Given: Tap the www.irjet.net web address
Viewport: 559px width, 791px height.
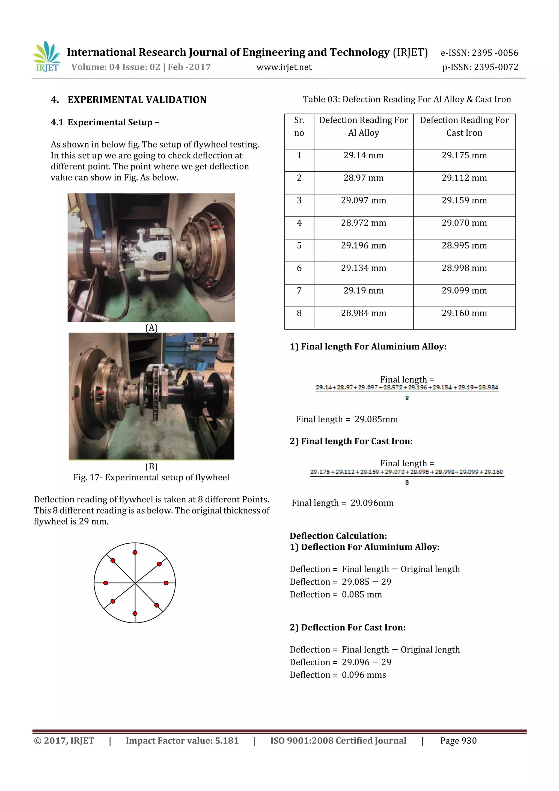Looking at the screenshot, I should pos(284,67).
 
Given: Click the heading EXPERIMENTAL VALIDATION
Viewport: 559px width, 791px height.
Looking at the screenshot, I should pos(137,100).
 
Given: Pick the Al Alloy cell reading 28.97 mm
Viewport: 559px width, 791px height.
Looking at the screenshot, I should pos(363,178).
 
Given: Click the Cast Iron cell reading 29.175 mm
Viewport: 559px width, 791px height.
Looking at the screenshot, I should pos(464,156).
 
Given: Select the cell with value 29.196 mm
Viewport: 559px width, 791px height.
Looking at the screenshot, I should pos(363,246).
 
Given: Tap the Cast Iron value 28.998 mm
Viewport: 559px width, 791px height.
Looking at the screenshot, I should pos(464,268).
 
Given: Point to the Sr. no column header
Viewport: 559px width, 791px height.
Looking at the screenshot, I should pos(299,126).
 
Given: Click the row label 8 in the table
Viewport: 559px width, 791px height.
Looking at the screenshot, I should pos(299,313).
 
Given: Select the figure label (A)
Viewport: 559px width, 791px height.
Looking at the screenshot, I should pos(151,328).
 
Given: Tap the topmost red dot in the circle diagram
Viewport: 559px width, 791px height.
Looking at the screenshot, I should pos(135,553).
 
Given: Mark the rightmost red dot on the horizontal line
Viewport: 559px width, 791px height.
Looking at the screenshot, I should pos(166,583).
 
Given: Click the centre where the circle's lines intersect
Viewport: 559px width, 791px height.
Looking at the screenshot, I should pos(135,583).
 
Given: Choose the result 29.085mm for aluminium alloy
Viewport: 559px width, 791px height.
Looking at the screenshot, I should pos(376,419).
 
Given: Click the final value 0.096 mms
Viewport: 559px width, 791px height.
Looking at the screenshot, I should pos(364,675).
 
